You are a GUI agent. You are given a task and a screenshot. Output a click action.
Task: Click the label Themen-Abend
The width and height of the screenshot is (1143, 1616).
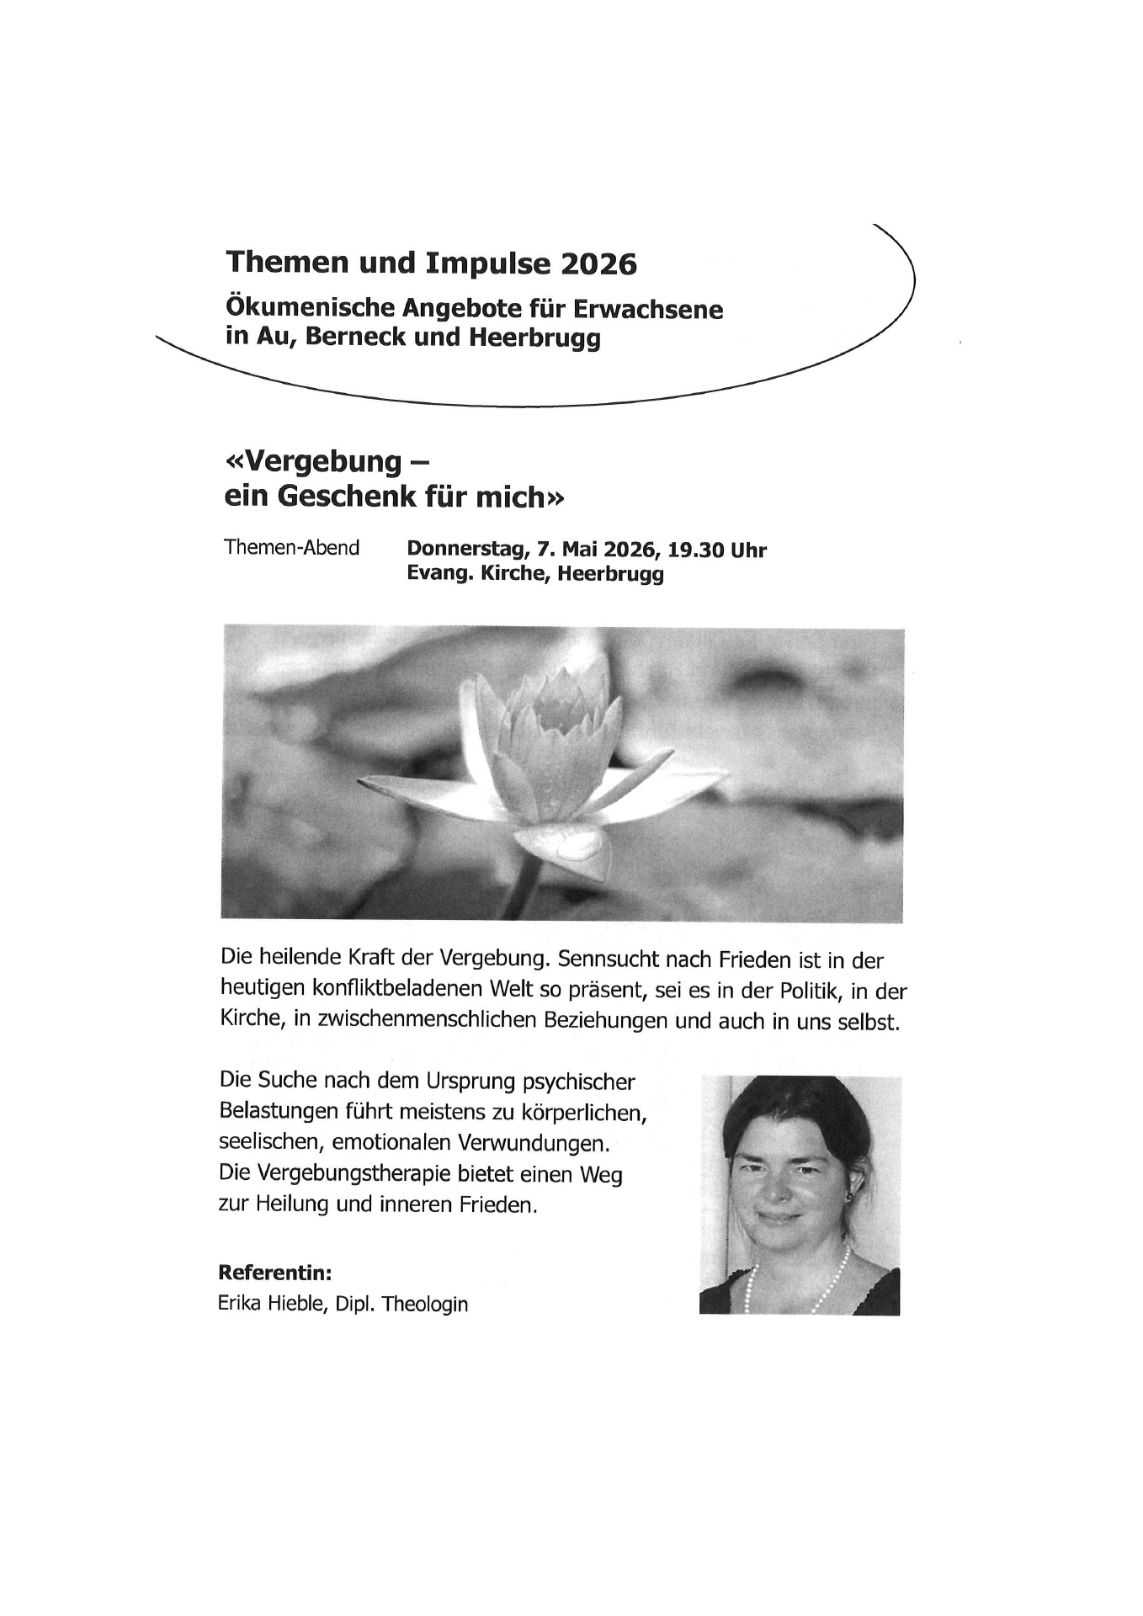(291, 548)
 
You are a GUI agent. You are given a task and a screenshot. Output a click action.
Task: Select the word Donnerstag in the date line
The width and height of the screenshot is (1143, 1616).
(467, 550)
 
